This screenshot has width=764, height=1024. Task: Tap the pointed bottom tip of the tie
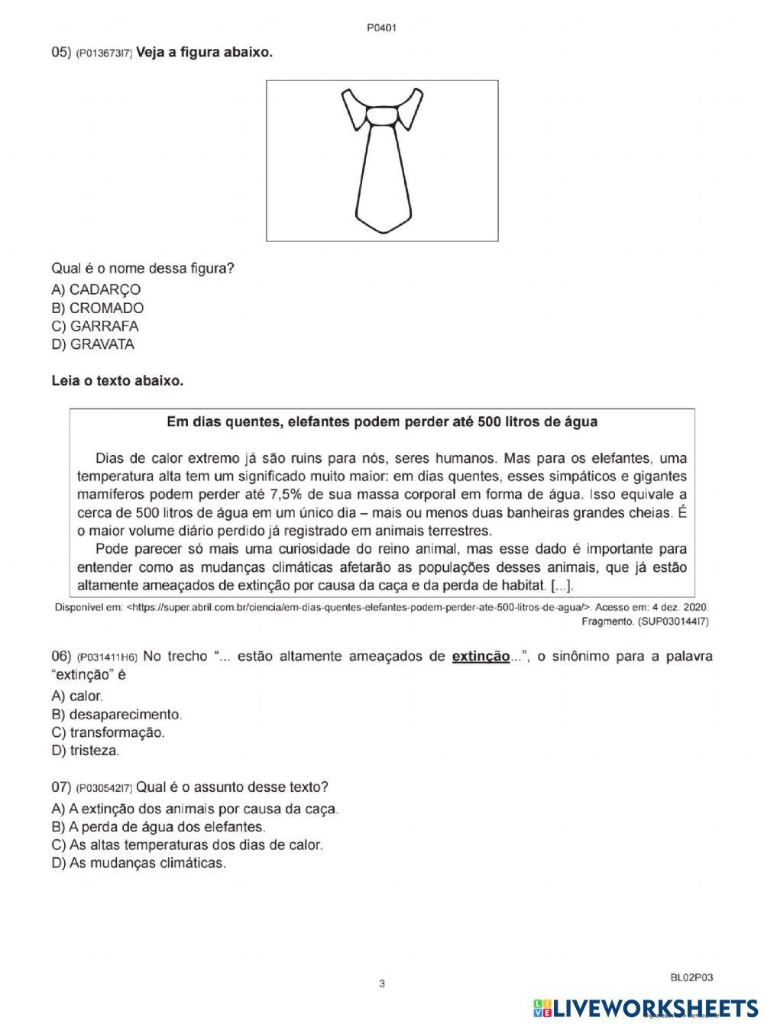coord(382,229)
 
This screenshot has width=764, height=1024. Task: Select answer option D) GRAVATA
coord(92,344)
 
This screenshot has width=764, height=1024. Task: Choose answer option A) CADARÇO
coord(95,289)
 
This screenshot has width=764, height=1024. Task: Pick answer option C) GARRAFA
coord(95,326)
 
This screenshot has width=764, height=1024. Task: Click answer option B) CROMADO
coord(97,308)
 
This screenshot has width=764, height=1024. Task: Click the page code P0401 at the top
coord(382,28)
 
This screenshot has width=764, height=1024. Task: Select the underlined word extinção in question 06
coord(481,656)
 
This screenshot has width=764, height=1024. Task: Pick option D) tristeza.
coord(86,751)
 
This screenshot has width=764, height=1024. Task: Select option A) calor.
coord(77,696)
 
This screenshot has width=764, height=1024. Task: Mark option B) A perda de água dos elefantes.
coord(158,827)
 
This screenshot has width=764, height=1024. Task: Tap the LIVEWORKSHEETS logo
coord(646,1008)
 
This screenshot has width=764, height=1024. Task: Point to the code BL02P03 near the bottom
coord(691,977)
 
